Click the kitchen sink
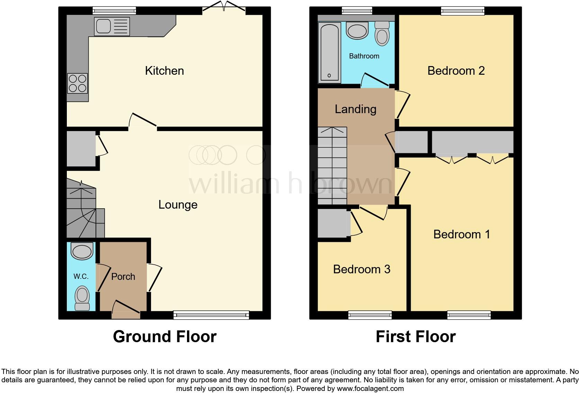[112, 27]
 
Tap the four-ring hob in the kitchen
[78, 83]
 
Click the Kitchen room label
[164, 71]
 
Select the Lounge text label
[178, 204]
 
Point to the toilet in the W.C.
[82, 298]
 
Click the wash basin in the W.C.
[82, 251]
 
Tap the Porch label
[123, 276]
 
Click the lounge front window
[211, 315]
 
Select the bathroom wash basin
[357, 31]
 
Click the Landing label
[355, 109]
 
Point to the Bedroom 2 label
[456, 71]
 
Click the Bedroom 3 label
[362, 269]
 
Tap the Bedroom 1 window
[469, 315]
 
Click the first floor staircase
[332, 166]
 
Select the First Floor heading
[415, 336]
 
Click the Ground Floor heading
[164, 336]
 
